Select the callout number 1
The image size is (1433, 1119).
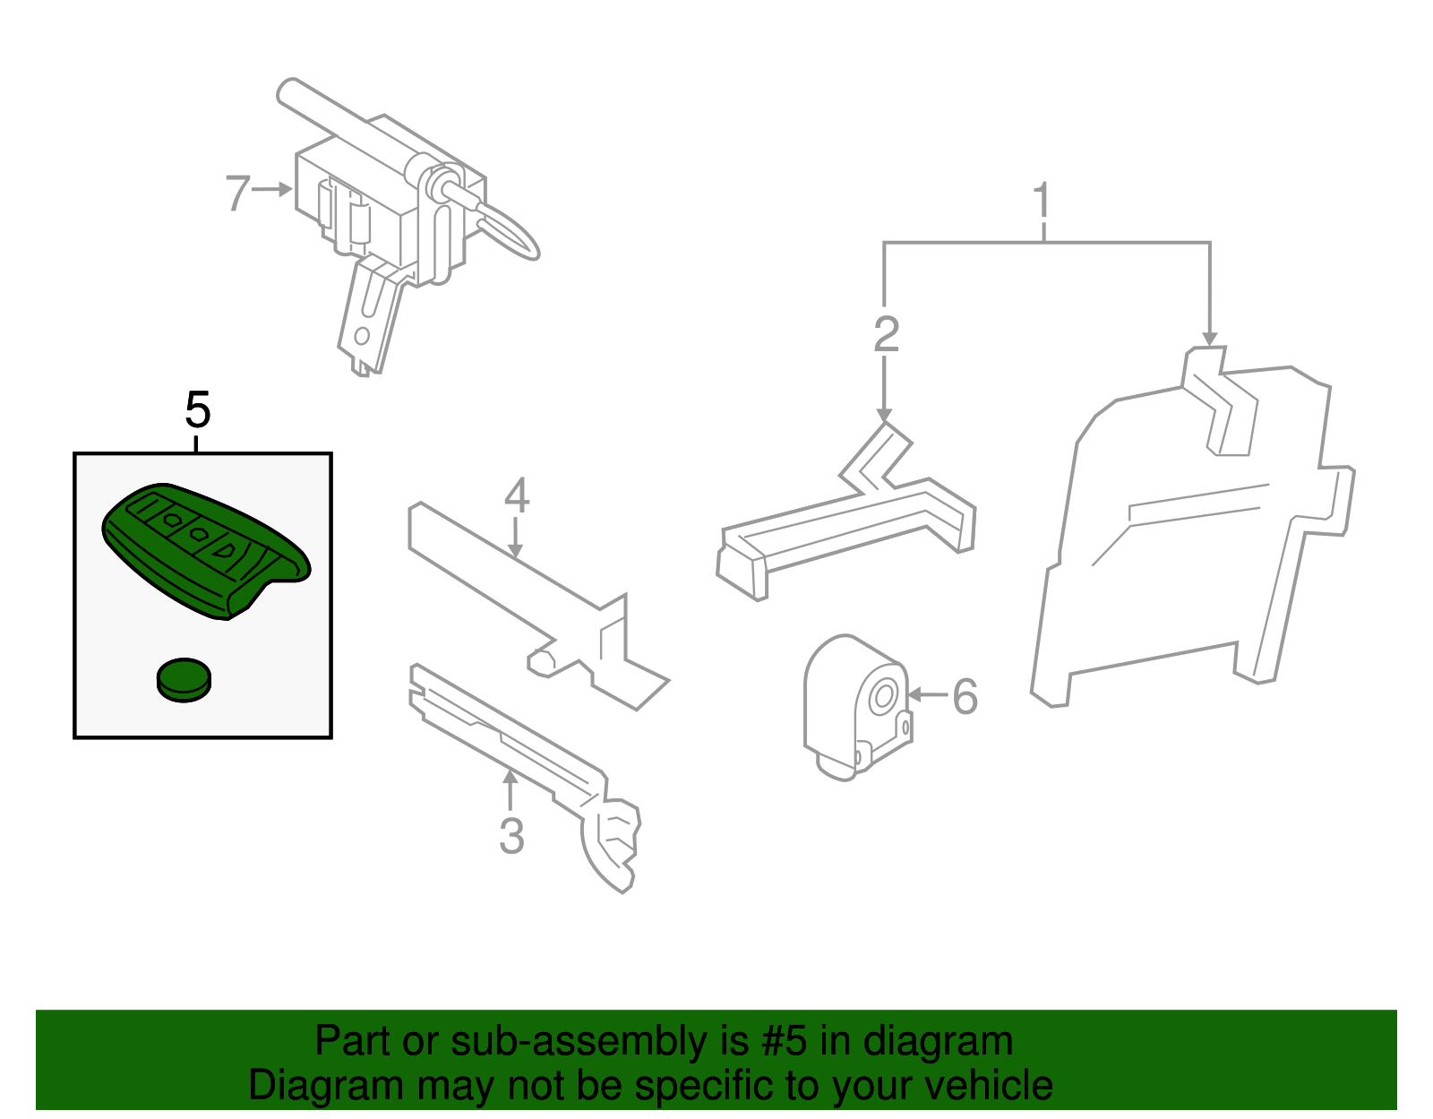click(x=1042, y=201)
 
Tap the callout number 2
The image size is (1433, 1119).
click(x=887, y=334)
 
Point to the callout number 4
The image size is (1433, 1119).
click(x=517, y=495)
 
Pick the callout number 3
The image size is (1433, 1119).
click(x=511, y=836)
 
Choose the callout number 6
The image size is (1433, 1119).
click(x=965, y=696)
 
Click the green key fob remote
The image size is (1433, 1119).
click(x=206, y=551)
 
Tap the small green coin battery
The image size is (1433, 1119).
click(x=184, y=680)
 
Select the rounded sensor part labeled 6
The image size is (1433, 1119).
click(x=857, y=708)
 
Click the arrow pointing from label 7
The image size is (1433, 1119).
click(x=271, y=190)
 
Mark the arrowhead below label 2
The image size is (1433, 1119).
click(x=884, y=415)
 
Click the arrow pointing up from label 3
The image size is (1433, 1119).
click(x=510, y=789)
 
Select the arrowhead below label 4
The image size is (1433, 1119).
click(x=516, y=551)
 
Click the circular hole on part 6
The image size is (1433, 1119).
click(x=881, y=696)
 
